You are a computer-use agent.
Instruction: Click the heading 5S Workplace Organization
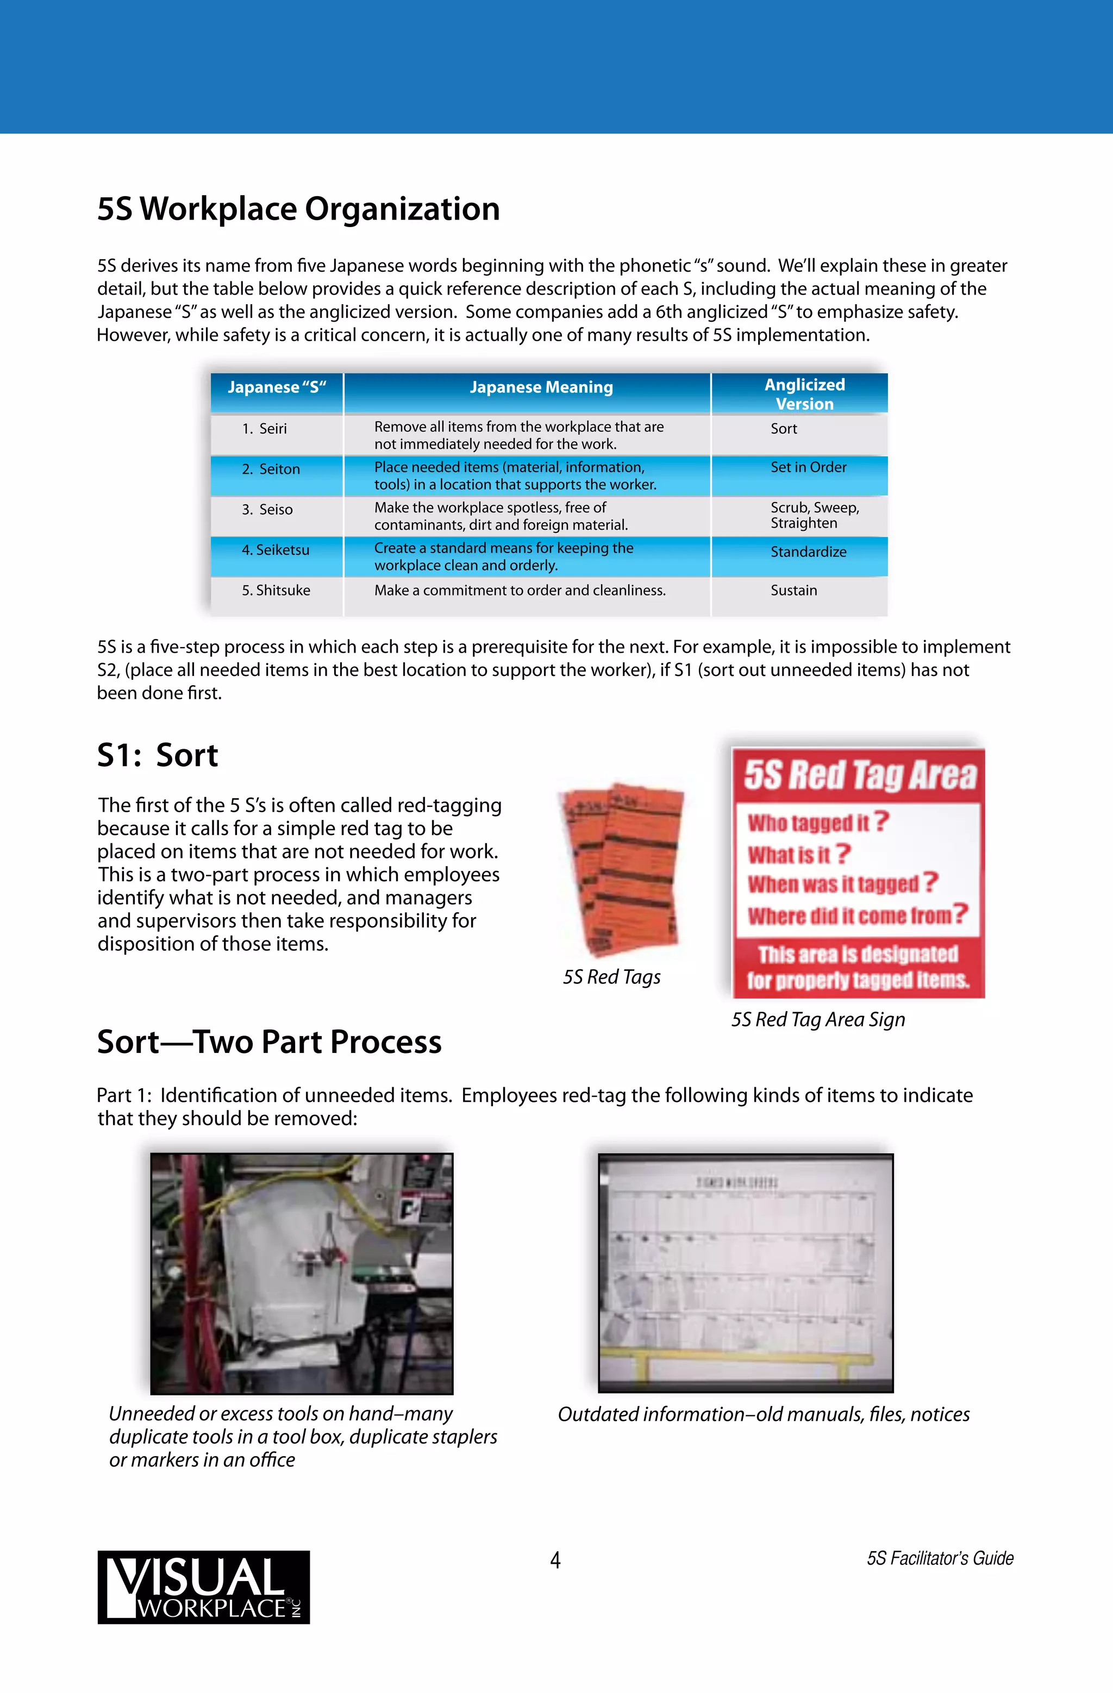298,209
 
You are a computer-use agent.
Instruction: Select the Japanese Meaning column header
541,388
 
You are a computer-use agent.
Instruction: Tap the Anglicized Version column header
804,394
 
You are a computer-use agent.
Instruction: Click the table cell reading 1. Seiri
264,429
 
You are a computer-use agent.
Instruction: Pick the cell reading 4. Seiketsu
276,550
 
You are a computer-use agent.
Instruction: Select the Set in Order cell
809,467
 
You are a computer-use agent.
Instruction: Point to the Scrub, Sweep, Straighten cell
814,515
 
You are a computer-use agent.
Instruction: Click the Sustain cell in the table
793,591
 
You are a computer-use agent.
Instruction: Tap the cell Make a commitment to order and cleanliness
520,591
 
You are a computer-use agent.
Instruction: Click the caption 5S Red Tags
611,977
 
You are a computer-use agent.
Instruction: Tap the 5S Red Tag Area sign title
860,775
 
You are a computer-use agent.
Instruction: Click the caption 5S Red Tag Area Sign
818,1020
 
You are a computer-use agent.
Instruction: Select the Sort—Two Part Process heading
269,1042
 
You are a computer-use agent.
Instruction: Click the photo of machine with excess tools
302,1274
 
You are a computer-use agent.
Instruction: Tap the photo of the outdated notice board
745,1274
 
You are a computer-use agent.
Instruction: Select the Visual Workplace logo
204,1587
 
